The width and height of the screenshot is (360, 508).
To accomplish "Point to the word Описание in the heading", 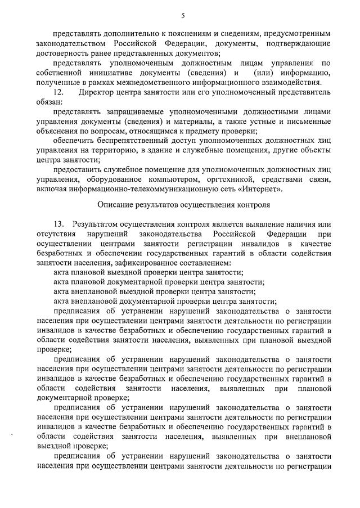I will (114, 205).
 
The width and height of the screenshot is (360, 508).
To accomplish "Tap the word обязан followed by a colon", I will (49, 102).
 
